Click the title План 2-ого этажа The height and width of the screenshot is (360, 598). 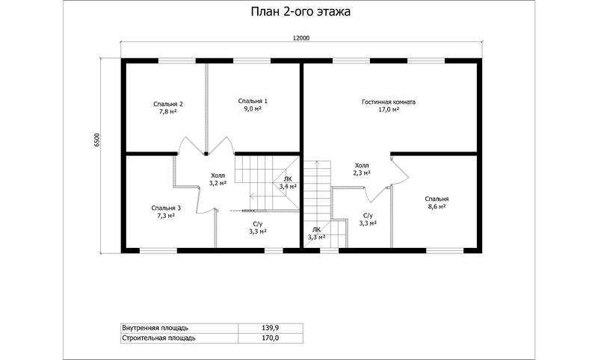point(300,12)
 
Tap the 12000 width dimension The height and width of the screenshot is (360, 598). point(301,37)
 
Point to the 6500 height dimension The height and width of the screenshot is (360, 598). point(97,140)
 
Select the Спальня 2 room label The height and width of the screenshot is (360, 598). point(167,104)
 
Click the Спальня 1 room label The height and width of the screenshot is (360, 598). point(253,101)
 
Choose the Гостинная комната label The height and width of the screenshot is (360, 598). point(389,102)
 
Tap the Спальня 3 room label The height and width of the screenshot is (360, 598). point(166,208)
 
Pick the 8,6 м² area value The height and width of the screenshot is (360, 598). point(437,206)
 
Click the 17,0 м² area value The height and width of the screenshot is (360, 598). point(389,110)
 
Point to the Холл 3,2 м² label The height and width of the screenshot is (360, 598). point(218,179)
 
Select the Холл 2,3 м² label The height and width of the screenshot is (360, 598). point(362,169)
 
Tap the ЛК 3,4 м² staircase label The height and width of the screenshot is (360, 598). point(288,183)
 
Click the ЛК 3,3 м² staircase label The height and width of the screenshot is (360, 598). point(316,233)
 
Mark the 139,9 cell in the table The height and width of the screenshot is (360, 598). point(271,328)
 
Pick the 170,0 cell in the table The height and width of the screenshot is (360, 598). point(271,338)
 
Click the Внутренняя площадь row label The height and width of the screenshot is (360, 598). point(155,328)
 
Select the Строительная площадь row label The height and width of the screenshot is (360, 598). point(158,338)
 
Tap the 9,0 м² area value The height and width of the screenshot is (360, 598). point(253,109)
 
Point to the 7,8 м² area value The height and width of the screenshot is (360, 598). point(167,112)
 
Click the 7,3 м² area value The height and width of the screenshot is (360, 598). point(166,216)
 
